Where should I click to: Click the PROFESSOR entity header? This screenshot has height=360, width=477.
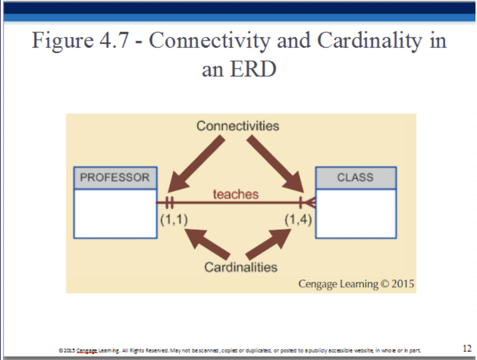click(x=115, y=178)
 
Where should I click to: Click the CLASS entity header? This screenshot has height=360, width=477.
click(x=355, y=178)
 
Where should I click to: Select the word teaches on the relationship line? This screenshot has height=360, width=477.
click(x=235, y=194)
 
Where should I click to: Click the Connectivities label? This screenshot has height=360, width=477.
click(x=238, y=126)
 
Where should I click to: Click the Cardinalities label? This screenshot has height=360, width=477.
click(x=241, y=267)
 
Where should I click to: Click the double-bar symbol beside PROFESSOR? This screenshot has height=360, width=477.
click(x=169, y=203)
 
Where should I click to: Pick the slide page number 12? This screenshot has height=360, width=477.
click(x=467, y=349)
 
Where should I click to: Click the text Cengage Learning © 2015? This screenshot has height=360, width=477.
click(x=356, y=284)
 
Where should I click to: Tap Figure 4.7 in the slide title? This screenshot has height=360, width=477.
click(x=84, y=41)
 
